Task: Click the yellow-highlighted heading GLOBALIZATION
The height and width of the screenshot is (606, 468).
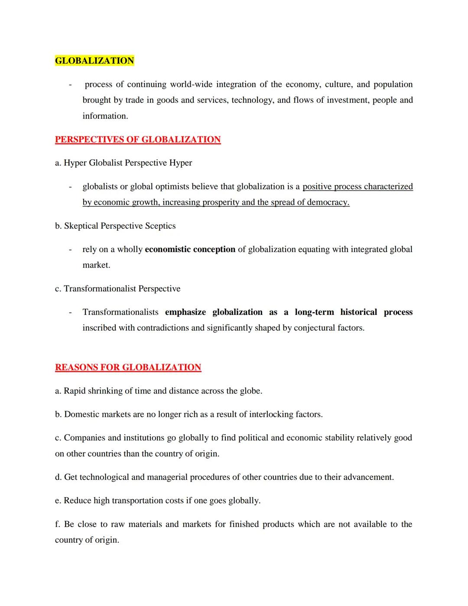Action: coord(94,61)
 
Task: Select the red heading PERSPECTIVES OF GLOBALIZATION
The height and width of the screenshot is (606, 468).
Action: coord(138,140)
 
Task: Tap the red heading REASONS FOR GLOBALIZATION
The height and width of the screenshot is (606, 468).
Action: coord(128,367)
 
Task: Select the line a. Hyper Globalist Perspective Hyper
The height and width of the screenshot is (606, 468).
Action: coord(123,163)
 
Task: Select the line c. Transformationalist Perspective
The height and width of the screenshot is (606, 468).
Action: coord(117,289)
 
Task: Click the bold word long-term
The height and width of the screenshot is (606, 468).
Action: coord(315,312)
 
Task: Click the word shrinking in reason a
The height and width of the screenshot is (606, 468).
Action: coord(105,391)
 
